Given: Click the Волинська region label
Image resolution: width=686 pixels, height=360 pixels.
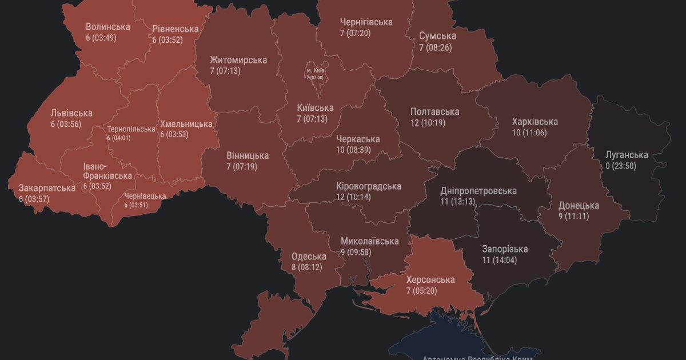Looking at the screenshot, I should [x=107, y=26].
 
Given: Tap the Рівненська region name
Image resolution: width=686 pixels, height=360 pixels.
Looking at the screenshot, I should [x=175, y=29].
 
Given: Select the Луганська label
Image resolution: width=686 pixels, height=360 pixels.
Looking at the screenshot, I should [x=627, y=155].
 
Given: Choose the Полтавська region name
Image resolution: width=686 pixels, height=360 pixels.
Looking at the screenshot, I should [x=434, y=111].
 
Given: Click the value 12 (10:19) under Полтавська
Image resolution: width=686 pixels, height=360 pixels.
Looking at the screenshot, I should [x=428, y=122].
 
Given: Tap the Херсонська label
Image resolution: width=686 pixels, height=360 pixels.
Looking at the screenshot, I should [x=430, y=279].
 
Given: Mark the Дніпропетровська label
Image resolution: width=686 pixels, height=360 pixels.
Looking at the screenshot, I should [x=478, y=191].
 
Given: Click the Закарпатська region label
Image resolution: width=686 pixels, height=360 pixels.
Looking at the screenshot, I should [x=47, y=187].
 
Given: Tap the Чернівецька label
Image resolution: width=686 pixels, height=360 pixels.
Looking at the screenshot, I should [x=145, y=196].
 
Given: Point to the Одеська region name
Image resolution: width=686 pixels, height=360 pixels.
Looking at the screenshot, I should [x=309, y=257].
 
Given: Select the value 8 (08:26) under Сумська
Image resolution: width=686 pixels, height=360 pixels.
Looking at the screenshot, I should [x=436, y=47].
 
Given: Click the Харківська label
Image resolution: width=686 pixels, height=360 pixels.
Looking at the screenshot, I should [x=535, y=122].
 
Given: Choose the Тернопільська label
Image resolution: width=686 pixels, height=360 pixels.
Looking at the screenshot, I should [x=131, y=129].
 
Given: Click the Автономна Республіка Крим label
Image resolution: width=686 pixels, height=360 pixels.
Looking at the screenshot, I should [x=477, y=357].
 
